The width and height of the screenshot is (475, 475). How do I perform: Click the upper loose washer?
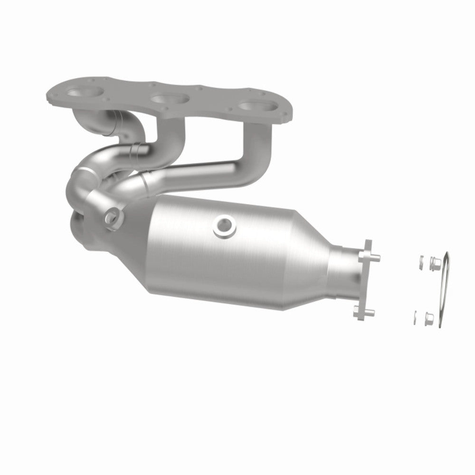tap(420, 261)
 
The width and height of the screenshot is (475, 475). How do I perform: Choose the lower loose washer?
tap(415, 317)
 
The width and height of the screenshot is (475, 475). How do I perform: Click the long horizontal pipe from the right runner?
tap(199, 173)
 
